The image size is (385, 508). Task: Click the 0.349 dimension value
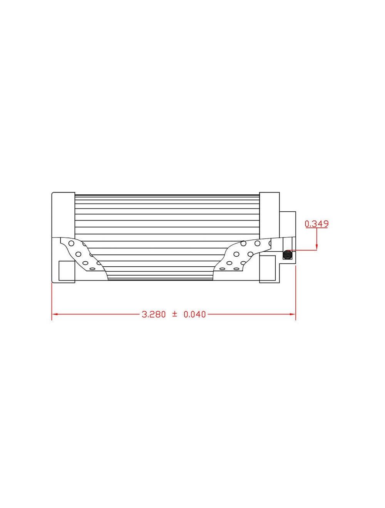(x=316, y=224)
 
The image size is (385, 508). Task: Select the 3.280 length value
(x=154, y=314)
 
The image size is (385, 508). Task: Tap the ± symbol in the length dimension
(x=174, y=314)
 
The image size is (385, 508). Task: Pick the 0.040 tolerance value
(x=195, y=314)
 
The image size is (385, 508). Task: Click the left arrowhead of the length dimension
(x=55, y=314)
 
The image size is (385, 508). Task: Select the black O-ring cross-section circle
(x=287, y=254)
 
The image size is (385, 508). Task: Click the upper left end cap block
(x=64, y=214)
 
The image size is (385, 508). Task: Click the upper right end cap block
(x=269, y=214)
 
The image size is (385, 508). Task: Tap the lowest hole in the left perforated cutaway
(x=93, y=268)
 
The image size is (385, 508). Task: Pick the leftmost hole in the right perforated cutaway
(x=223, y=268)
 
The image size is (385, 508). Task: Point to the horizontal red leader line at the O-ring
(x=304, y=251)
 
